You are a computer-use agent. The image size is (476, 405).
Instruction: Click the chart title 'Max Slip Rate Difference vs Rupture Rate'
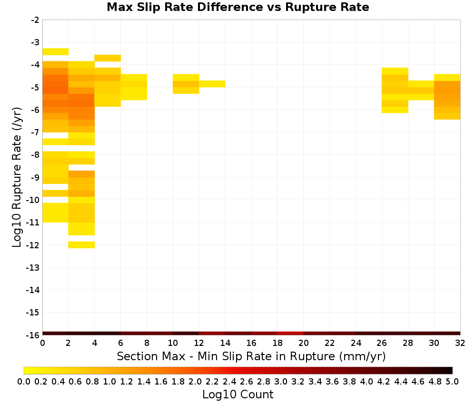[x=238, y=7]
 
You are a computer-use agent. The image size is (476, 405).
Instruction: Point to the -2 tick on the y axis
[x=35, y=20]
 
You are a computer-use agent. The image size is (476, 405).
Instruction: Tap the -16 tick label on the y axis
[x=33, y=335]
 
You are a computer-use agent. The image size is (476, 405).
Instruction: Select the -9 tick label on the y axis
[x=35, y=177]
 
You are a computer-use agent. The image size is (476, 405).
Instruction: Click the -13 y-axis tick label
[x=33, y=268]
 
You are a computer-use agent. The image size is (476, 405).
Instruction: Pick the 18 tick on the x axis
[x=278, y=343]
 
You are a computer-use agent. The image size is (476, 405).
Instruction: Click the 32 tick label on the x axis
[x=460, y=343]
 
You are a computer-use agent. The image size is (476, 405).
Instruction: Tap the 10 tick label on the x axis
[x=173, y=343]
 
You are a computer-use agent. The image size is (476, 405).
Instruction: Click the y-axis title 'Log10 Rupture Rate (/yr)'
[x=17, y=177]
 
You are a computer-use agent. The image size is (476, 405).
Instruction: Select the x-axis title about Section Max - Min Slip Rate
[x=251, y=356]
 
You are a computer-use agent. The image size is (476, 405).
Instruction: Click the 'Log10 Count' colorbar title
[x=238, y=395]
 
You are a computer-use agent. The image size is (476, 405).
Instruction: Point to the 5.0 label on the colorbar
[x=452, y=382]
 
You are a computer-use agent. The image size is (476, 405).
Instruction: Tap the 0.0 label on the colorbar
[x=24, y=382]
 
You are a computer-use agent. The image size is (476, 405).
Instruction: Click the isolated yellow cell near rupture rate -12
[x=81, y=245]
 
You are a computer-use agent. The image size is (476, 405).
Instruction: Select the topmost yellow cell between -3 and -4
[x=56, y=51]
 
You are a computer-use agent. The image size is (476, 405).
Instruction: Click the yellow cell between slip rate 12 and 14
[x=212, y=84]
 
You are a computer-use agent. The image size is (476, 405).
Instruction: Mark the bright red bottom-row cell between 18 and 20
[x=290, y=334]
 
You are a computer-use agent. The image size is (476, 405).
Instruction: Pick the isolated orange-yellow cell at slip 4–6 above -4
[x=108, y=58]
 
